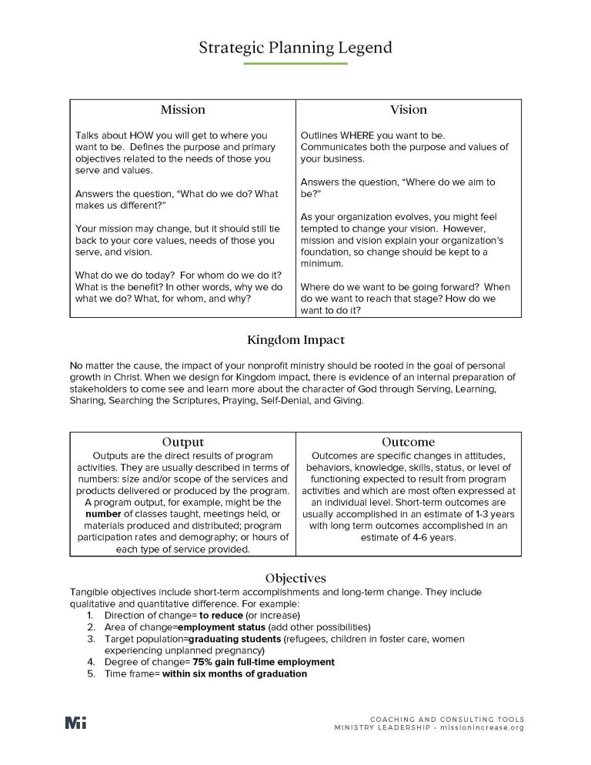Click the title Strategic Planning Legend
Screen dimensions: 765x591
tap(295, 47)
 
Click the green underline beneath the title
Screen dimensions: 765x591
tap(295, 63)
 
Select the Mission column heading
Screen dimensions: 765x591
tap(182, 109)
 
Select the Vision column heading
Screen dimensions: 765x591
tap(408, 109)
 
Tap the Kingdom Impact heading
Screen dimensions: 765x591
tap(295, 339)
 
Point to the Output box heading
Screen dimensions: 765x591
tap(182, 442)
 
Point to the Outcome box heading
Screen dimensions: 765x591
tap(408, 442)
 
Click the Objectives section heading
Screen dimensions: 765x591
tap(295, 577)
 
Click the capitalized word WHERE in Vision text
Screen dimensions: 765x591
tap(362, 135)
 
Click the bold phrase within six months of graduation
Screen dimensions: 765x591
tap(235, 673)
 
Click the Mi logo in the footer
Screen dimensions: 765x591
tap(75, 723)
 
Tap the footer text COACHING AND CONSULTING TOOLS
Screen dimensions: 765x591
tap(446, 719)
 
